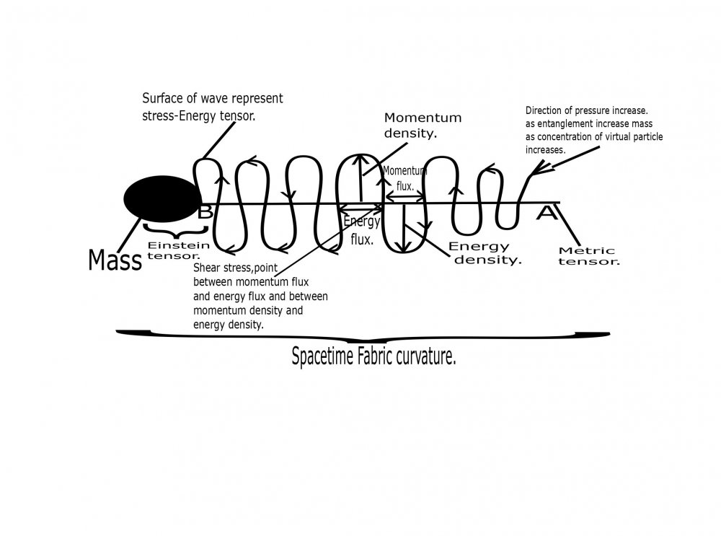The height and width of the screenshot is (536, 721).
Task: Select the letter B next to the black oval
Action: click(205, 212)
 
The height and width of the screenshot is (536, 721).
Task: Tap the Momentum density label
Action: click(423, 125)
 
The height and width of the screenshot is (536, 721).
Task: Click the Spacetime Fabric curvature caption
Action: click(373, 357)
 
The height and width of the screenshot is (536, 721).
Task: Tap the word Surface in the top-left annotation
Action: click(162, 99)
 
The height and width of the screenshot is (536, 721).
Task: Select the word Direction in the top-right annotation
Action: click(547, 111)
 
